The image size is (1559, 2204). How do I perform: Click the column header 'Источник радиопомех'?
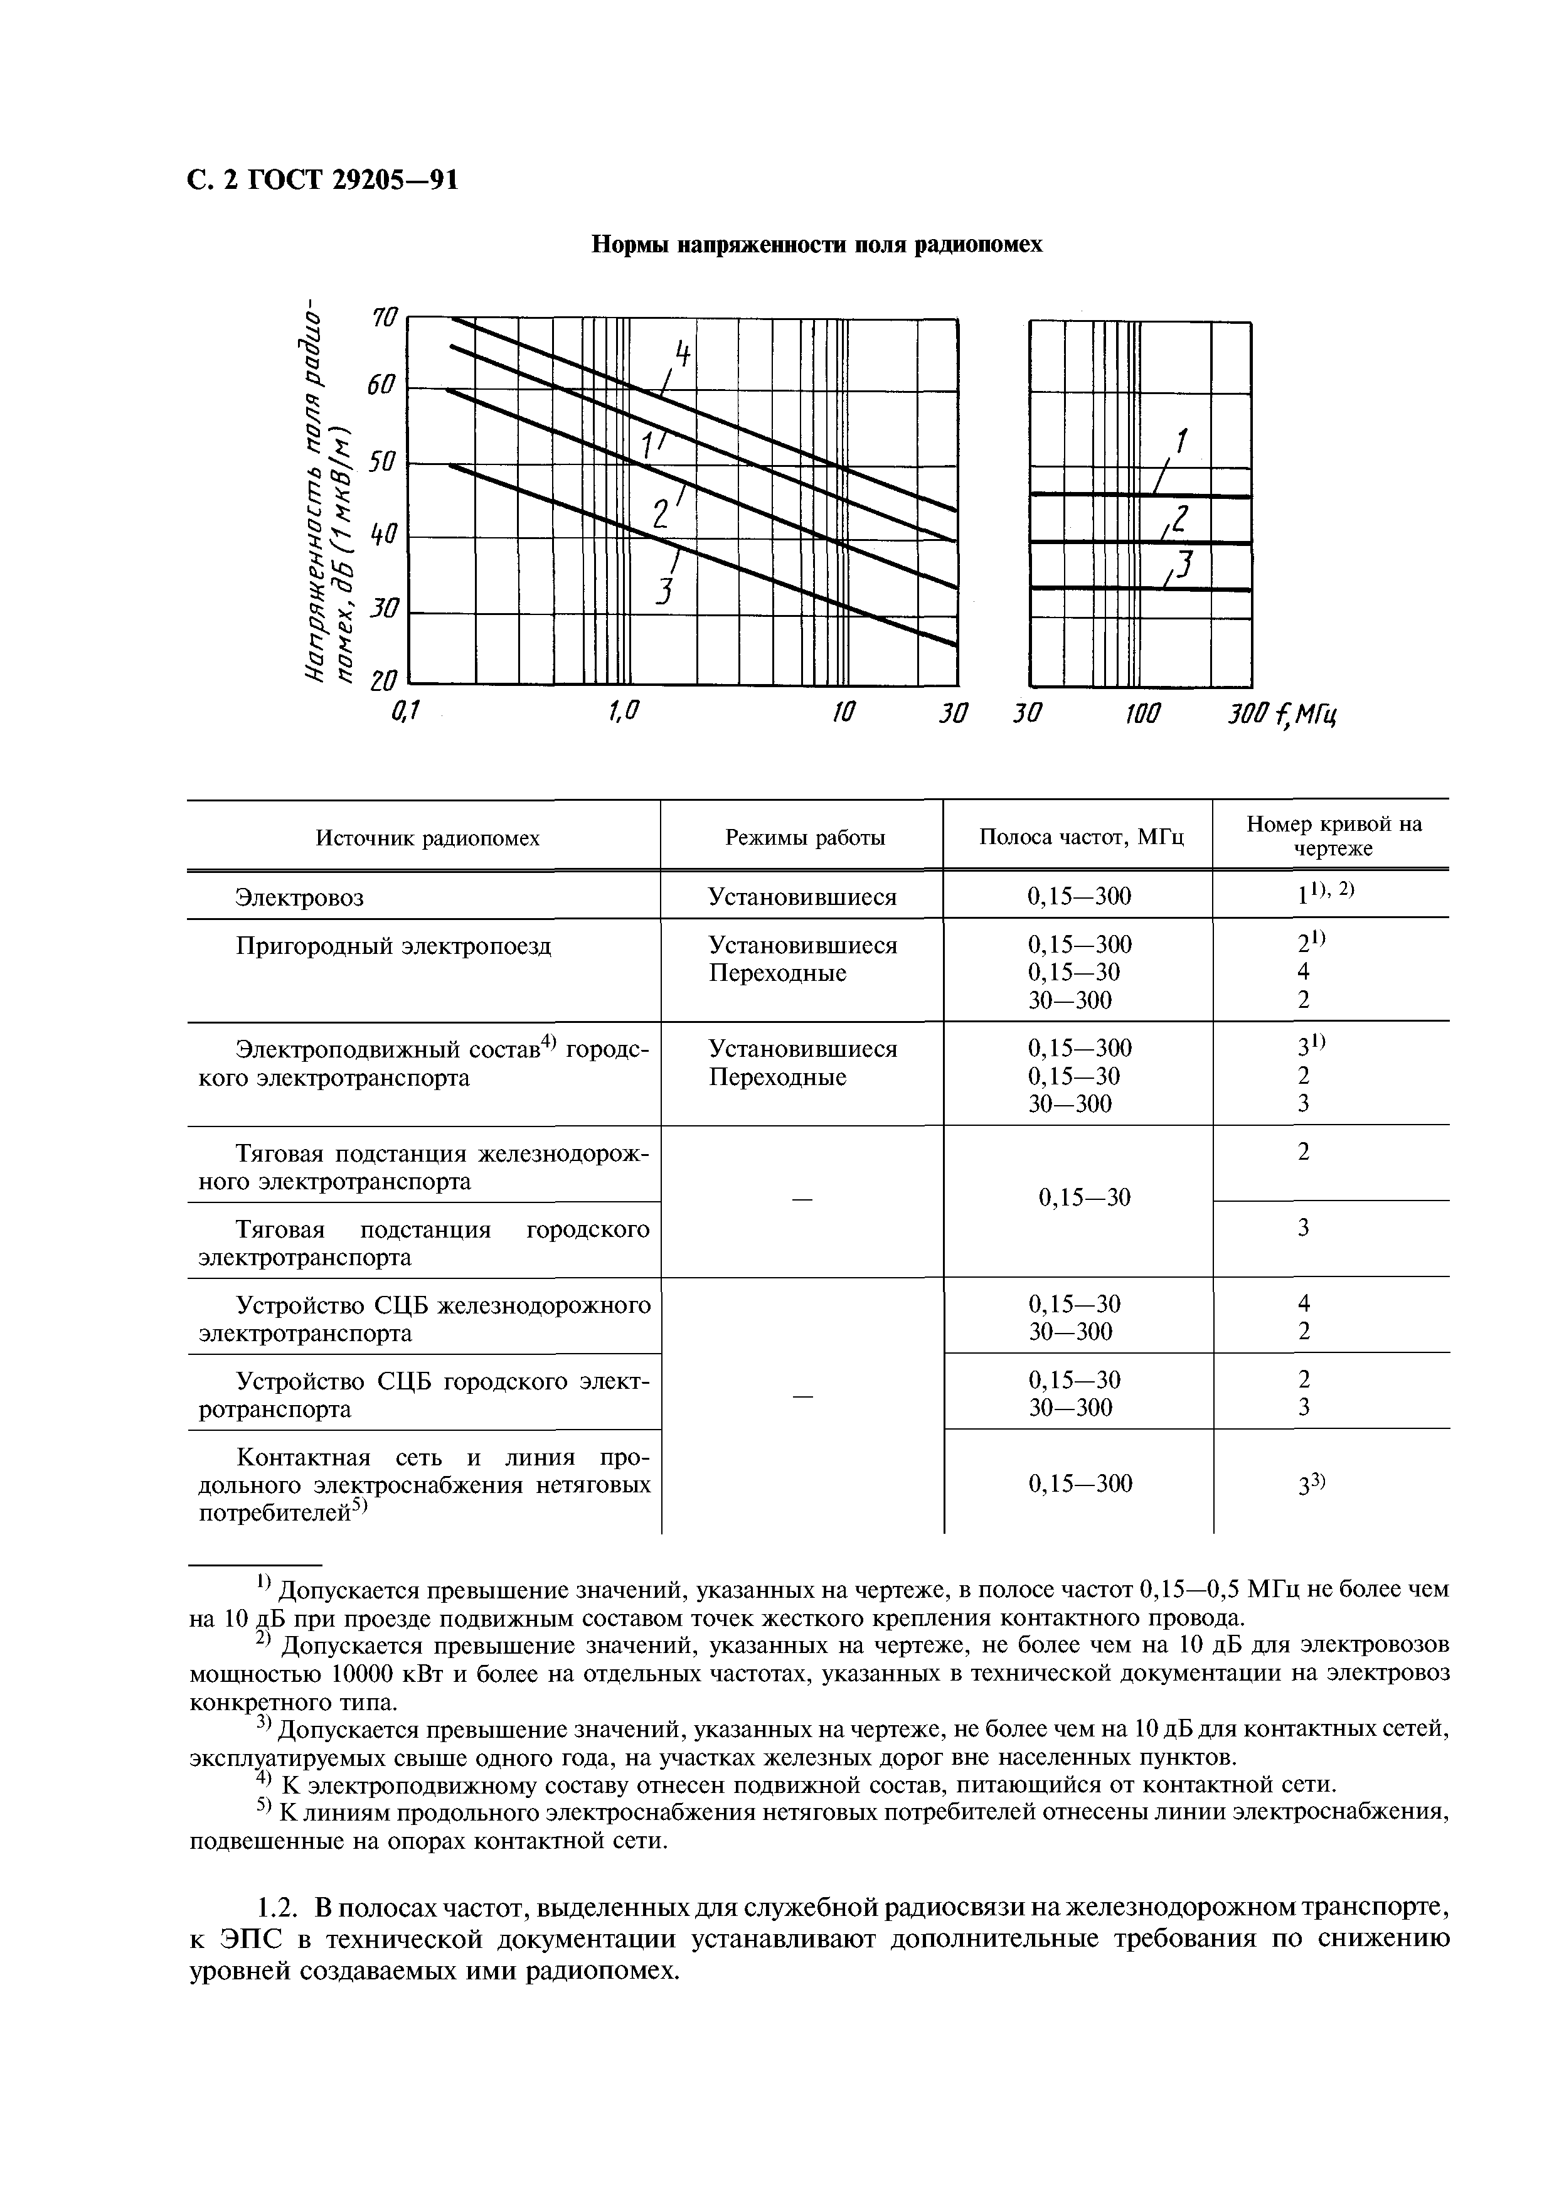[x=427, y=838]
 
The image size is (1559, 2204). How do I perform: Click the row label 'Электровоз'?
[x=299, y=898]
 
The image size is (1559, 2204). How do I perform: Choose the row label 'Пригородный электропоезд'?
[x=393, y=947]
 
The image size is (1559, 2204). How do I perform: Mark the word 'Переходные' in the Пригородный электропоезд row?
[x=777, y=974]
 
